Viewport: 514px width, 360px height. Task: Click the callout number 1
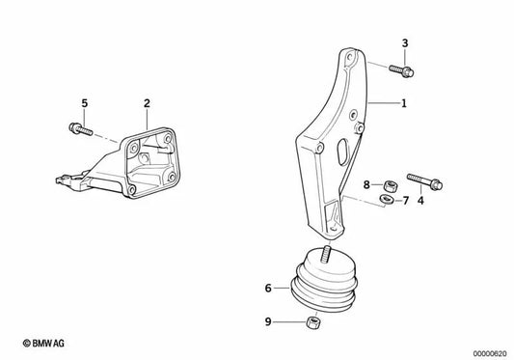[404, 101]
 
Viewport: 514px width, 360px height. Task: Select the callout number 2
[147, 102]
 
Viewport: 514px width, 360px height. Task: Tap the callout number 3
[405, 42]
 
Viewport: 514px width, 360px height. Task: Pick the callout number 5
[84, 102]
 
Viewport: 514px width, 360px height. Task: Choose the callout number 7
[405, 201]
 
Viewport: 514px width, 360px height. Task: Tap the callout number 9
[268, 324]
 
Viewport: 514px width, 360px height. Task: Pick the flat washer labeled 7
[385, 200]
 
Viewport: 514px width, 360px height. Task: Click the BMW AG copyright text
[31, 344]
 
